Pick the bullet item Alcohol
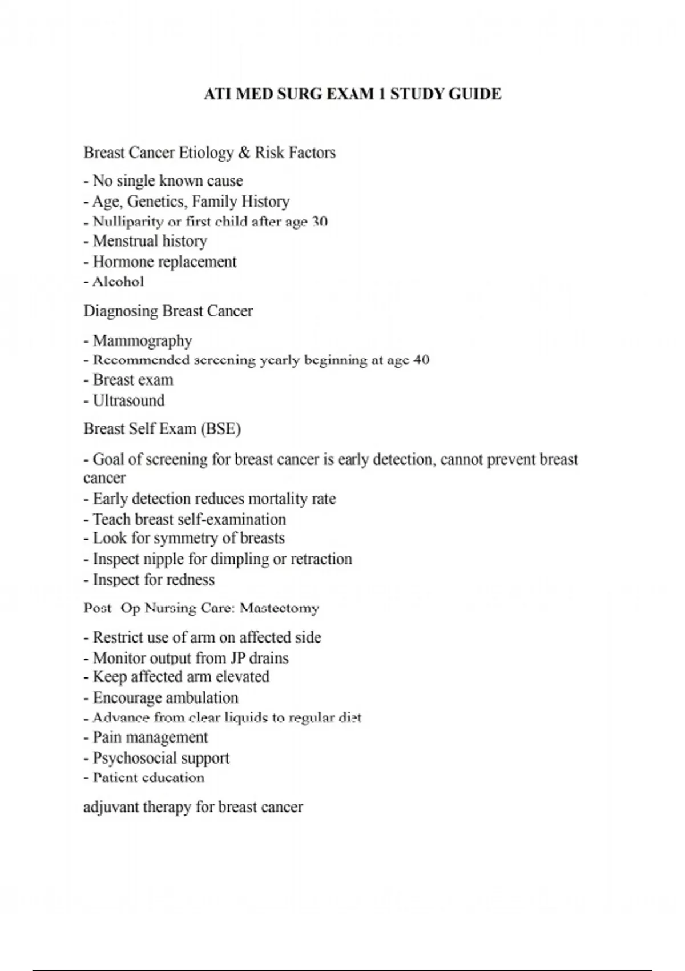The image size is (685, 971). [118, 282]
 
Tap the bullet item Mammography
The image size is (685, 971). [142, 341]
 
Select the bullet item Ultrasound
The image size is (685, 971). [128, 400]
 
